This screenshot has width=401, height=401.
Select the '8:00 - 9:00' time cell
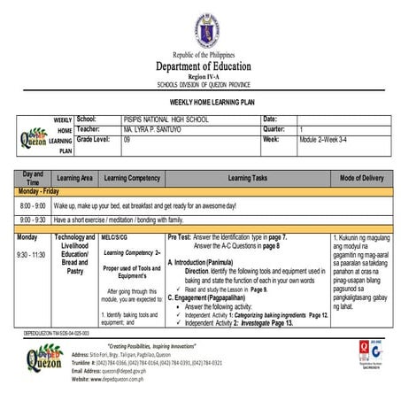tap(33, 205)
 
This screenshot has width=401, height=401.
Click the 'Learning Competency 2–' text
tap(130, 252)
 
